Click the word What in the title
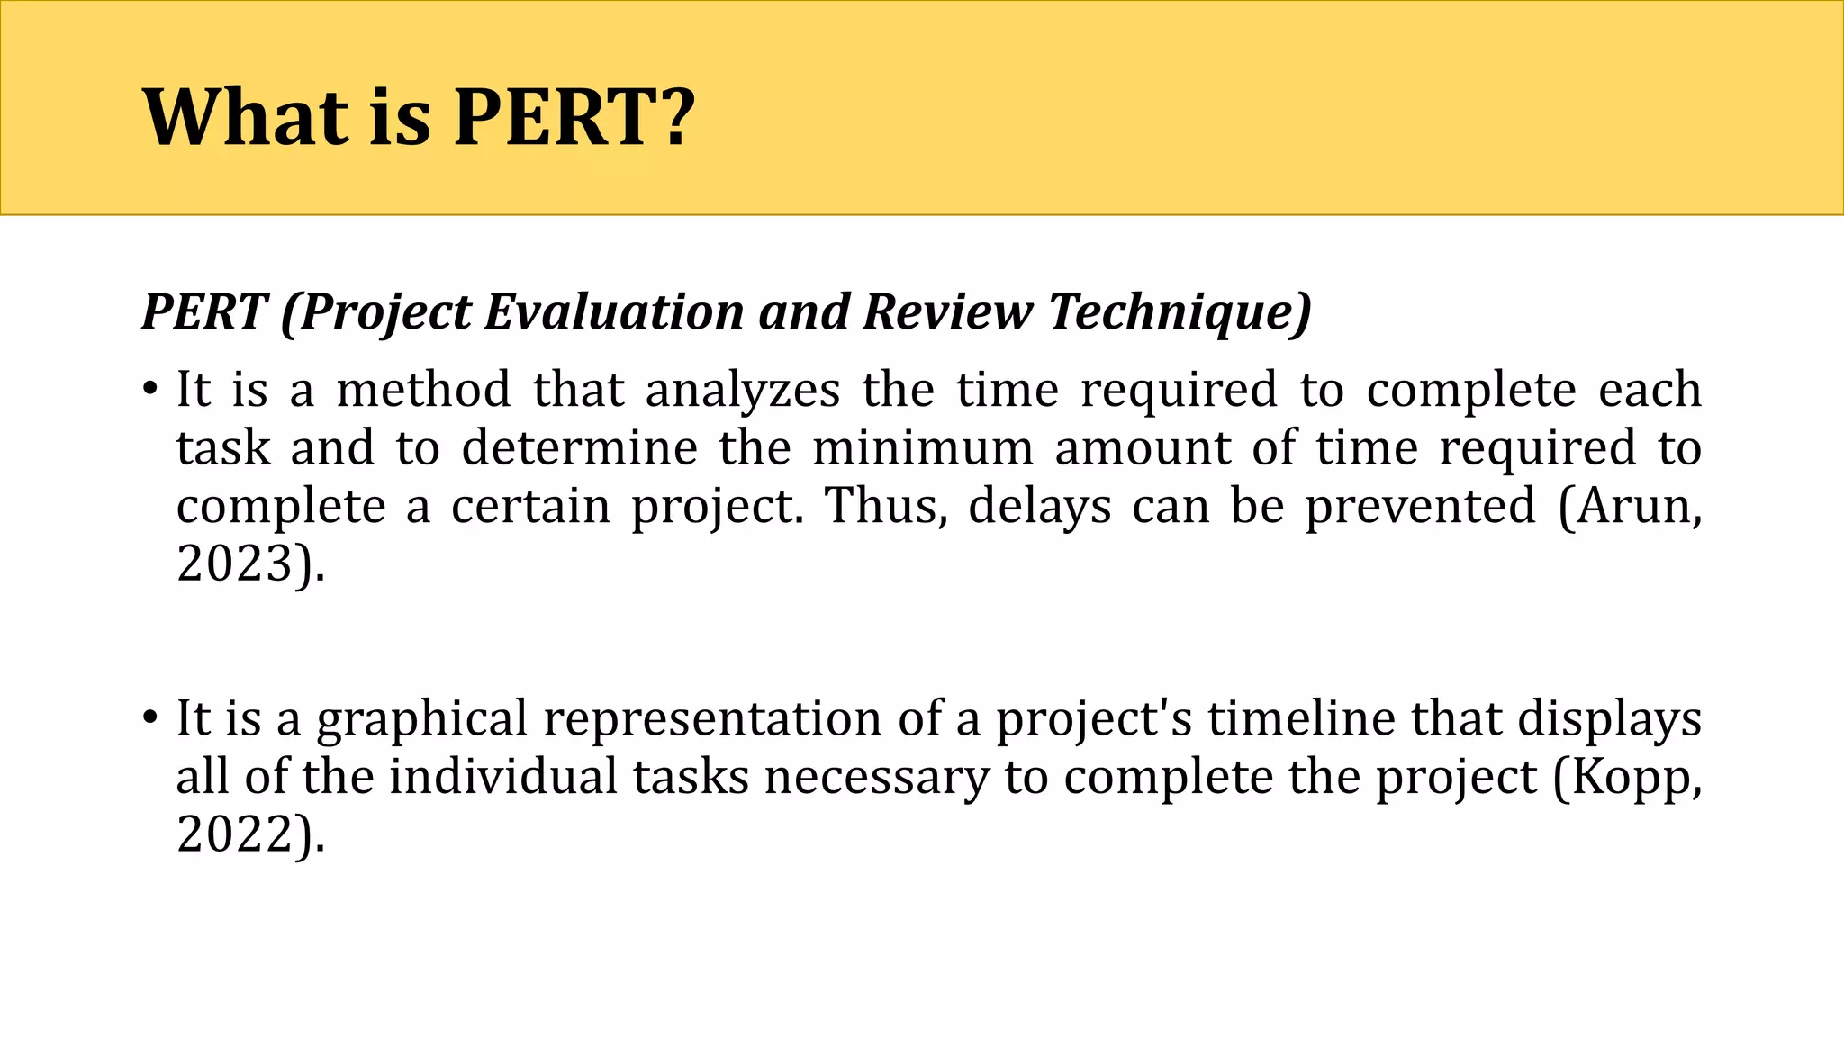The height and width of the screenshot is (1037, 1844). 245,117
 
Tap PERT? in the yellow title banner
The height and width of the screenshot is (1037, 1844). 574,117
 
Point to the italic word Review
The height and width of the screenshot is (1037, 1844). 947,311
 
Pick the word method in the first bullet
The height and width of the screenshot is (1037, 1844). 423,390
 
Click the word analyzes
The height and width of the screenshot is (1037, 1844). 743,392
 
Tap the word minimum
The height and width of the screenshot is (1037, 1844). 923,447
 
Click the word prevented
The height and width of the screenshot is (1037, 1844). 1421,506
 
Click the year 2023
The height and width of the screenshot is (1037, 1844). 236,564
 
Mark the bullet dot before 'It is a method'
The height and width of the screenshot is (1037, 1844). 149,391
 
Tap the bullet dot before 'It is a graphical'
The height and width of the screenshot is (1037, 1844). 149,719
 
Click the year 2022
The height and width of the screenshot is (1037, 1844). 236,834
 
